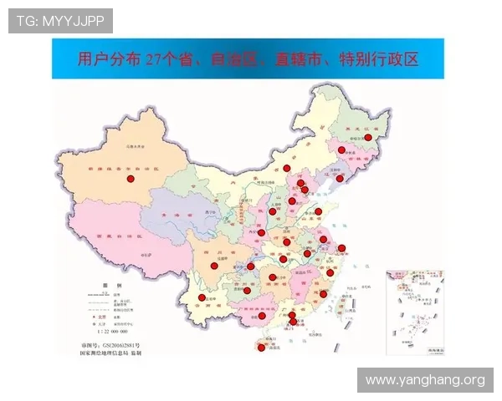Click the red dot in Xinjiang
130,179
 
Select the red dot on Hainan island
261,348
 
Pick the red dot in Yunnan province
202,297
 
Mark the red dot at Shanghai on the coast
341,247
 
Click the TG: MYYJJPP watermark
60,20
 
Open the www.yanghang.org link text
425,380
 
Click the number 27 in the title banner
152,60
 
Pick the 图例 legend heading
107,285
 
